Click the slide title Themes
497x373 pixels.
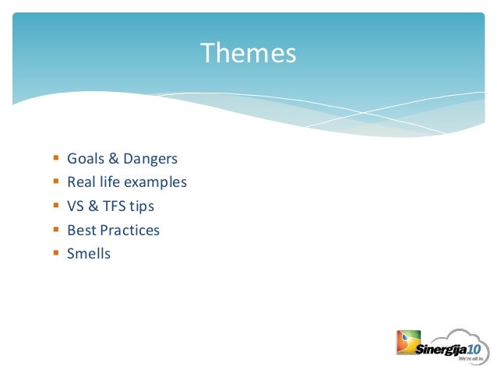248,54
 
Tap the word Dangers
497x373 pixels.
150,159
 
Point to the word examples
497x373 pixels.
159,183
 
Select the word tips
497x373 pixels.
142,206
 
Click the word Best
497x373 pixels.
80,230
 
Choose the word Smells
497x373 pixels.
89,254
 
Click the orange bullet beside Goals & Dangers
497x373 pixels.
55,159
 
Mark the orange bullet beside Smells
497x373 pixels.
55,253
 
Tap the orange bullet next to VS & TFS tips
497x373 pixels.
55,206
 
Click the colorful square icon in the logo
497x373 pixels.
407,343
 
